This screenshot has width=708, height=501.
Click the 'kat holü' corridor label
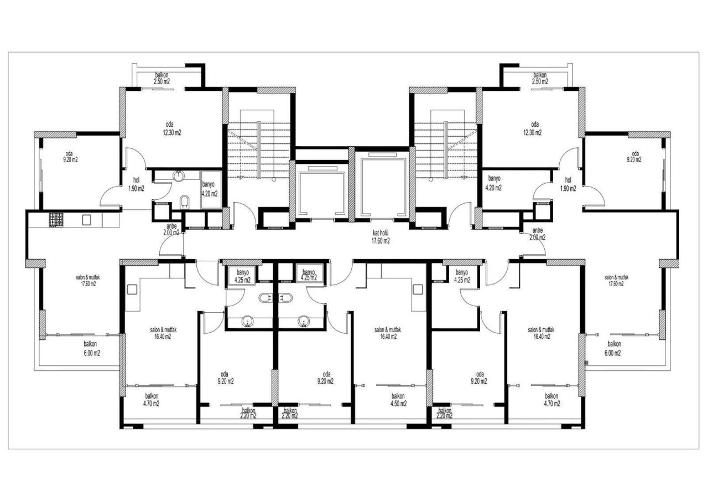tap(381, 234)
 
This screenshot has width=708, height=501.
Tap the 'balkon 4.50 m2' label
tap(398, 400)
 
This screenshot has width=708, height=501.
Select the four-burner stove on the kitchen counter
tap(56, 220)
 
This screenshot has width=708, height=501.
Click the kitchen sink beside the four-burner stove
tap(86, 220)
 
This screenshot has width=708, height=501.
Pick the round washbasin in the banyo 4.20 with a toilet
tap(179, 177)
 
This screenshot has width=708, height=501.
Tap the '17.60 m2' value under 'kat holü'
tap(381, 241)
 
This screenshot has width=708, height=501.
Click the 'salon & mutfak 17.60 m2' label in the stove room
tap(86, 280)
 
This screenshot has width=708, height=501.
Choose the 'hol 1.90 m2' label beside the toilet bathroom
tap(136, 184)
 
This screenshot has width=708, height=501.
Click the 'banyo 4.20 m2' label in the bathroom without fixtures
tap(493, 183)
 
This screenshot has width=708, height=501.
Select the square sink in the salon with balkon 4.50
tap(418, 288)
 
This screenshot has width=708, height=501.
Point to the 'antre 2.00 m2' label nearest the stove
tap(171, 229)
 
